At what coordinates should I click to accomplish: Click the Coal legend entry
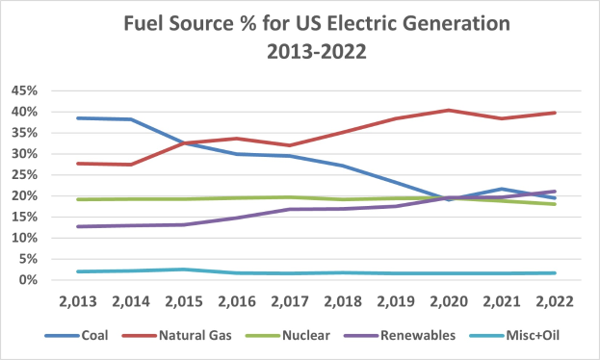point(108,335)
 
